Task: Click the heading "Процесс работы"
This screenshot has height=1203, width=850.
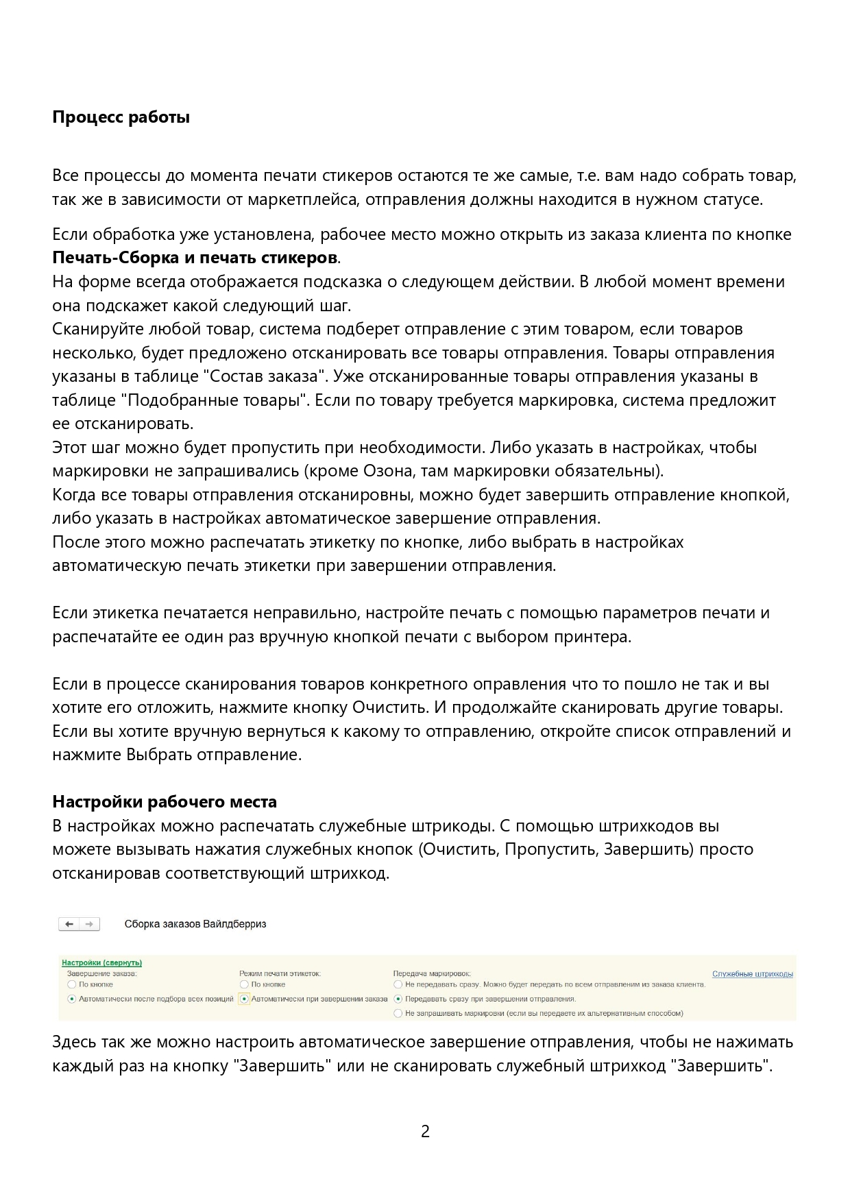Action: [121, 117]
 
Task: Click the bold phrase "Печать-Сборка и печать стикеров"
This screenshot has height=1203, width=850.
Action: [195, 258]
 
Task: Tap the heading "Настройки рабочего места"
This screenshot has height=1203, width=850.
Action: [165, 801]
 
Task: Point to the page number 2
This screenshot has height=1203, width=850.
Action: [425, 1131]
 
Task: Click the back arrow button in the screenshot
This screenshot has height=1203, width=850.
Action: [69, 924]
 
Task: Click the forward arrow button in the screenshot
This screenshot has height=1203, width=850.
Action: [89, 924]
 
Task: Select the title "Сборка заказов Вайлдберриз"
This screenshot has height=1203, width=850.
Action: [195, 924]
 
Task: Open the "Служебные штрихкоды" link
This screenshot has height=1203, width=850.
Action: [752, 974]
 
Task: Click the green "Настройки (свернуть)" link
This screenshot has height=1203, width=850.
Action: [101, 962]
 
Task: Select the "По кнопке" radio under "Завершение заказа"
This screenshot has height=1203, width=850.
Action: [72, 984]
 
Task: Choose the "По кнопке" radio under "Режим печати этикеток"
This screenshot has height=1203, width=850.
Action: [244, 984]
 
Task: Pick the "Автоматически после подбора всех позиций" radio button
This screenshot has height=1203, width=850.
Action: [72, 999]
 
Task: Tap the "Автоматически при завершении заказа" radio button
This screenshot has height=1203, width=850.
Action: [244, 999]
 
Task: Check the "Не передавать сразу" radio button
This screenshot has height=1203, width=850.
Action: [398, 984]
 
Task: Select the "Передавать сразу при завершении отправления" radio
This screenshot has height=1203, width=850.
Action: [398, 999]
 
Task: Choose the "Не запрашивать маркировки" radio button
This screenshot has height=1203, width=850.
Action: [398, 1013]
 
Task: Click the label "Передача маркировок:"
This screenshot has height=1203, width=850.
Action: [432, 973]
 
